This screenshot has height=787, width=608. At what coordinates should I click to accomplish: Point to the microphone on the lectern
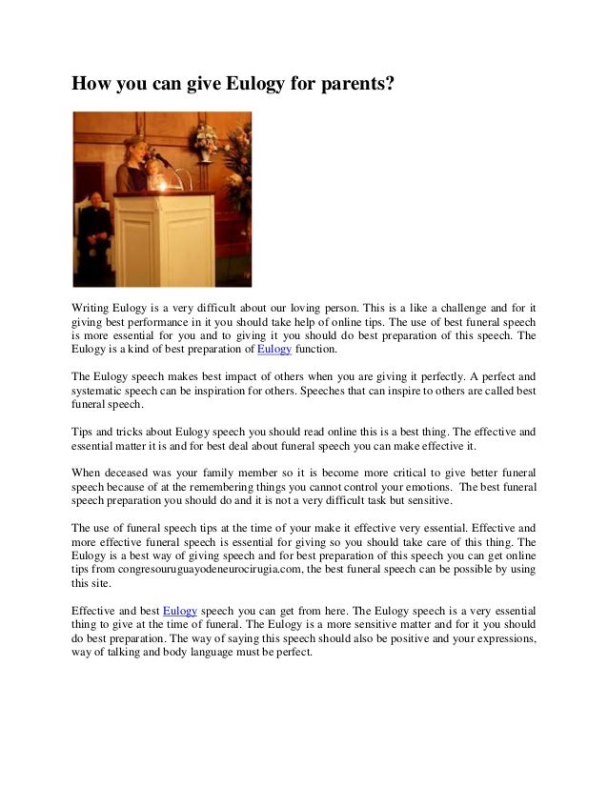click(161, 158)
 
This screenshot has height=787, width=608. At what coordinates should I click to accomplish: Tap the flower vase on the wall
click(203, 144)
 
